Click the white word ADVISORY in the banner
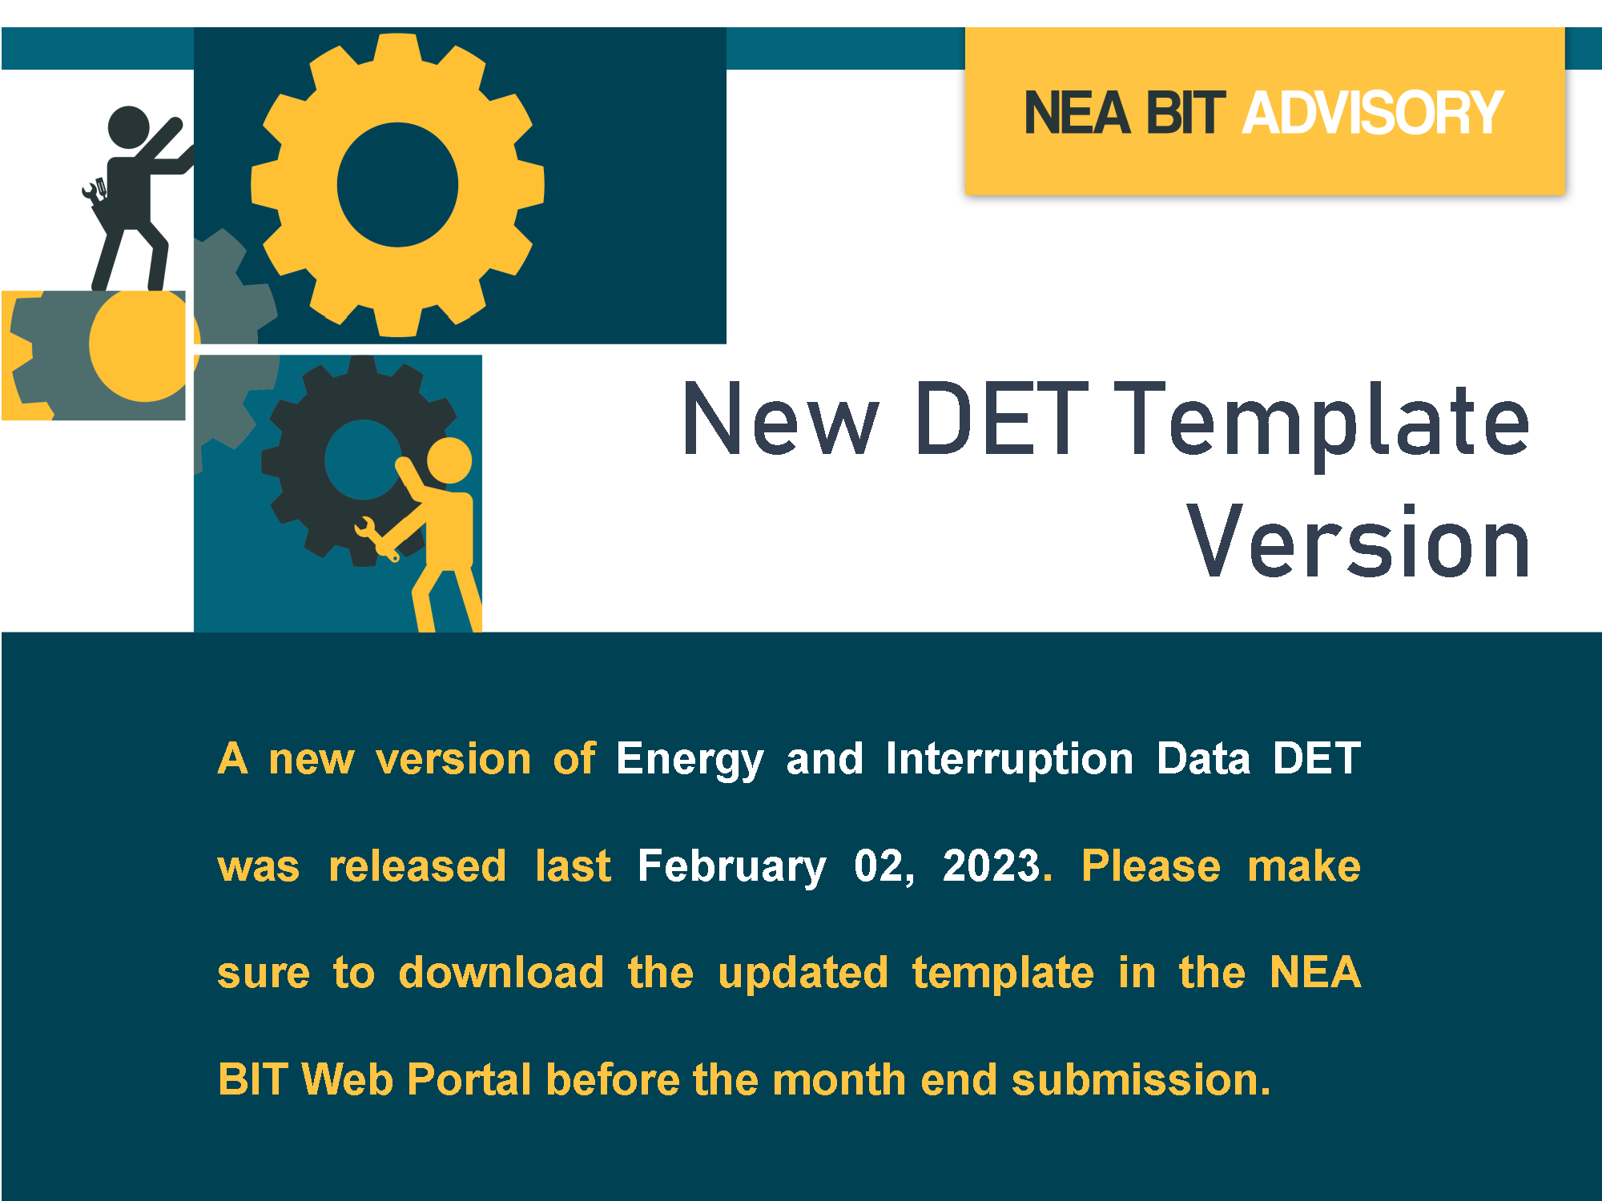pos(1373,113)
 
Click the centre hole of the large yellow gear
pos(397,184)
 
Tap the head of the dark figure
pos(128,127)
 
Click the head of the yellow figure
pos(449,460)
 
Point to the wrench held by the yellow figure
pos(376,539)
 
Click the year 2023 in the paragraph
pos(992,866)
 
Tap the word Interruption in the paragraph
pos(1009,760)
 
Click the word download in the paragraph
pos(501,972)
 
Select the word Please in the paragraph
pos(1150,866)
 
